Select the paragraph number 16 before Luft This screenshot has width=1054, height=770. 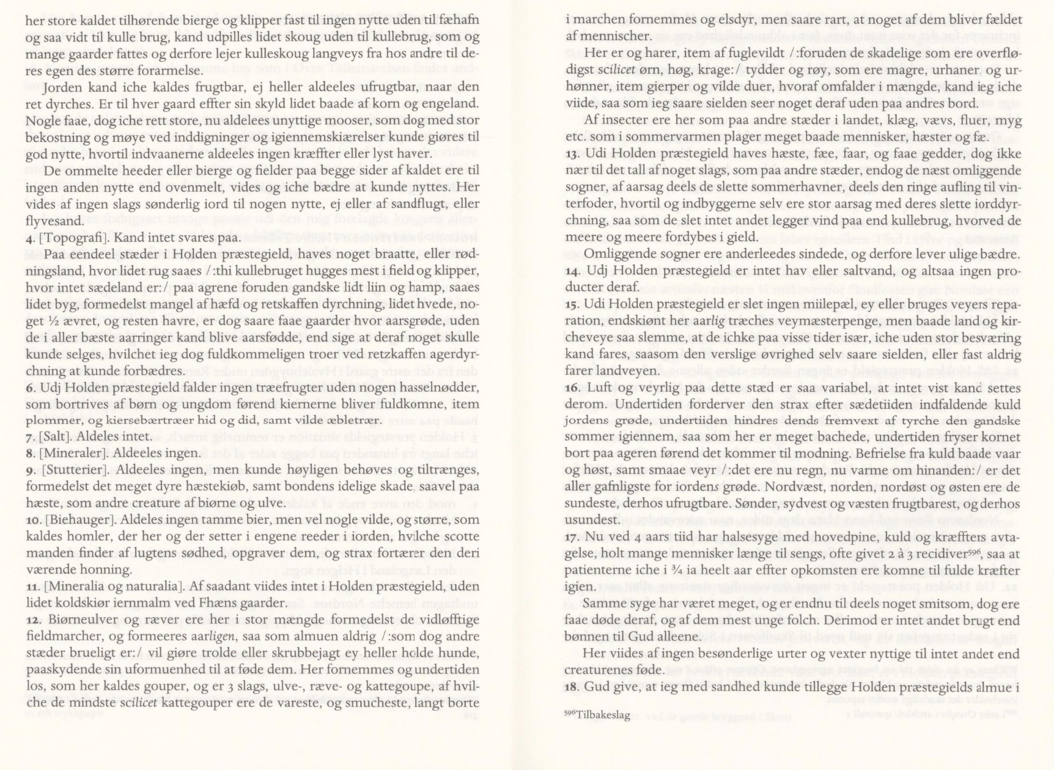570,387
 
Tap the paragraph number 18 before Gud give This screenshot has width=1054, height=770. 570,687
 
